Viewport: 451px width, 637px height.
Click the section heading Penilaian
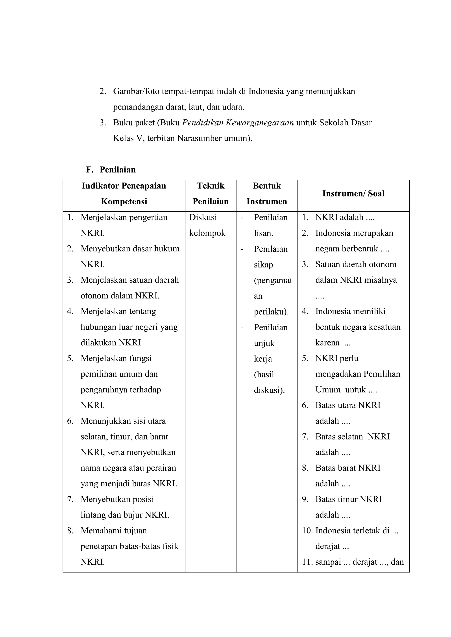pos(117,170)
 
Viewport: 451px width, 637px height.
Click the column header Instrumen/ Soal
pos(353,193)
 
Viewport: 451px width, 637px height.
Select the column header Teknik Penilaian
pos(211,193)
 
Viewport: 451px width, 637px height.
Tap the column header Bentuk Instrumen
pos(267,193)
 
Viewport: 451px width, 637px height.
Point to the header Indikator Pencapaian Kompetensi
pos(124,193)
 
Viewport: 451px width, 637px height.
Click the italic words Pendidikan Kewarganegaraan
pos(238,123)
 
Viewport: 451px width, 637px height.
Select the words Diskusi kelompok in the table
pos(207,225)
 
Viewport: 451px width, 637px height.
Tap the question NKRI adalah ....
pos(345,217)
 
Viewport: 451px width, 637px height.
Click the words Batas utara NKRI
pos(348,405)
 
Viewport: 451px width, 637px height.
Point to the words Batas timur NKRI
pos(349,499)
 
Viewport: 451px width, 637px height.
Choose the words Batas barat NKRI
pos(348,468)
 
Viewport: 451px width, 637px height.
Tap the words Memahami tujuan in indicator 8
pos(114,531)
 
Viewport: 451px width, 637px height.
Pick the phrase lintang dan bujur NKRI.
pos(125,515)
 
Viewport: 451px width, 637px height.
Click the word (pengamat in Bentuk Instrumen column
pos(273,280)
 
